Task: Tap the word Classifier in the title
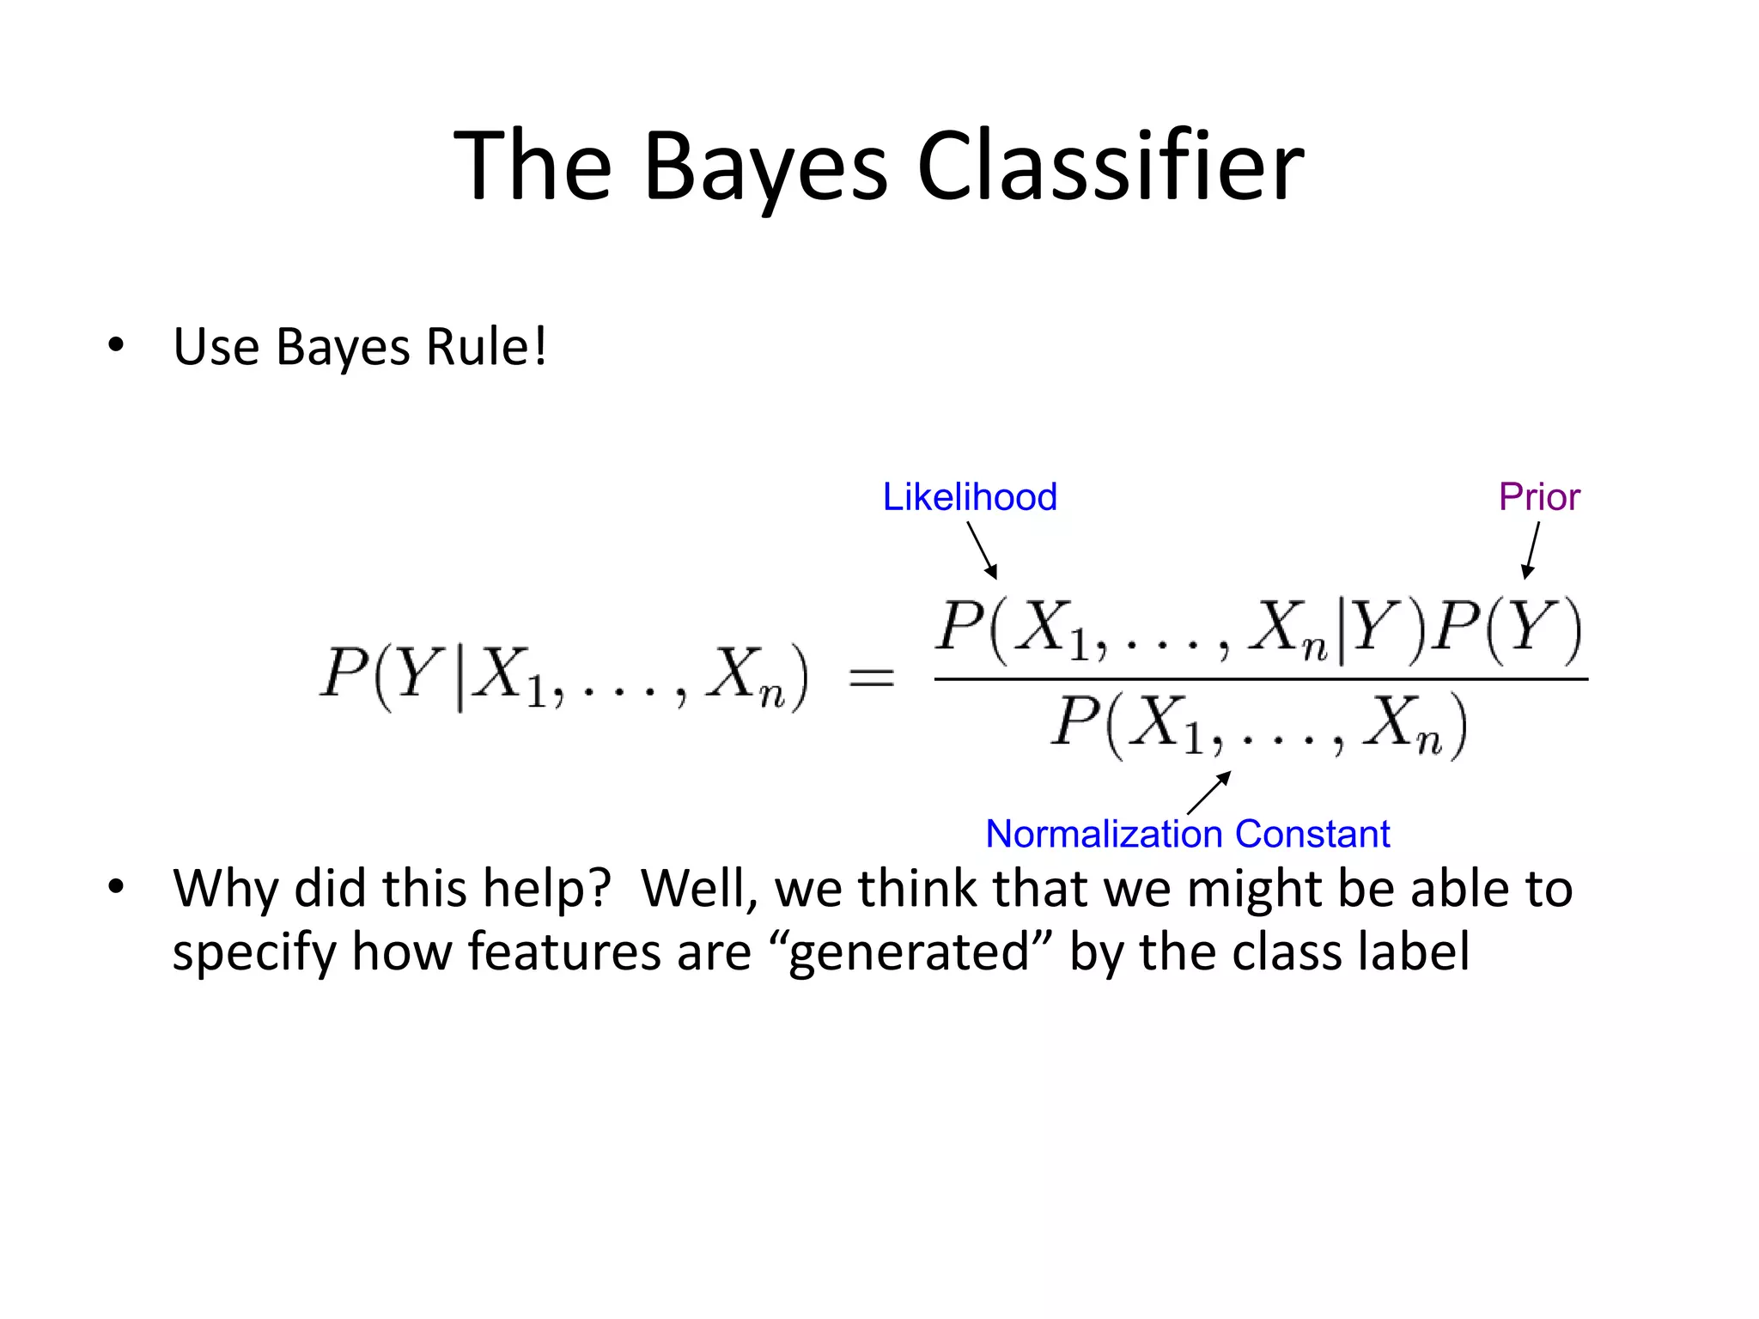click(1110, 166)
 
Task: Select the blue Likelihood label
click(970, 497)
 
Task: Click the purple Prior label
click(1539, 497)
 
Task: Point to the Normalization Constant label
click(1187, 834)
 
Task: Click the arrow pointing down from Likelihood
click(983, 550)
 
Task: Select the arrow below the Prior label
click(1531, 550)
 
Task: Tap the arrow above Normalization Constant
click(1209, 793)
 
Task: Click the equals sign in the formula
click(871, 679)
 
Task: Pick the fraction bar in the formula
click(1261, 679)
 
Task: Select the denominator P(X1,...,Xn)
click(1259, 726)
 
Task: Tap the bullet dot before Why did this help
click(116, 886)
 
